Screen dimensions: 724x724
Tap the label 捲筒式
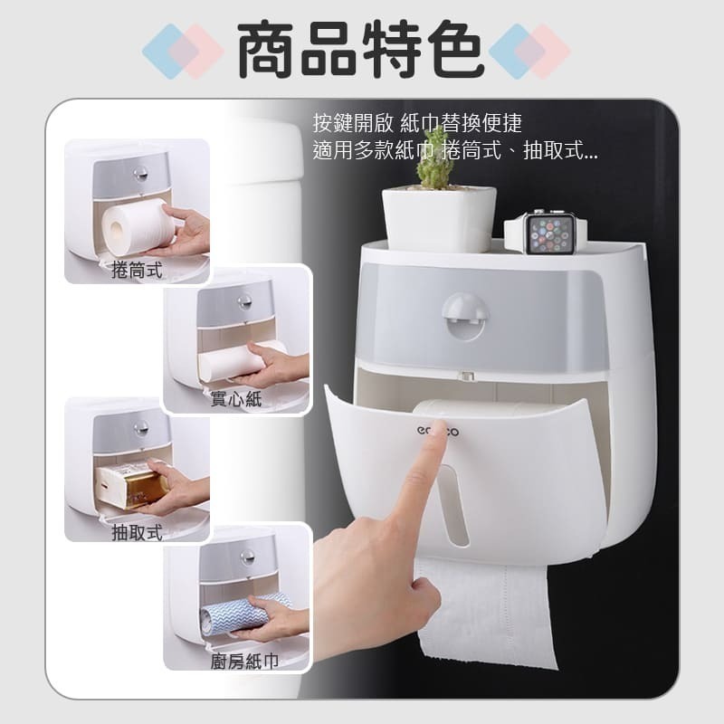click(138, 271)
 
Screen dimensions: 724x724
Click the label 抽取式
click(138, 532)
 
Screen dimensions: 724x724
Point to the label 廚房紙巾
click(242, 662)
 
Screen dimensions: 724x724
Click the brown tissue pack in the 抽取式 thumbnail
click(136, 485)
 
